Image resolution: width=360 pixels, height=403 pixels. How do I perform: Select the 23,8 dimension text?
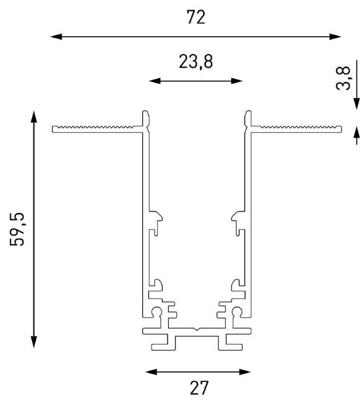point(197,63)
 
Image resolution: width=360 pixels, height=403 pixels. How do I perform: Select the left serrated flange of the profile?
point(96,129)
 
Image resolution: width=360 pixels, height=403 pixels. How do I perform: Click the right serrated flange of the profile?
point(297,129)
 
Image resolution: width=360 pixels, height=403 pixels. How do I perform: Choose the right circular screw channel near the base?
point(236,312)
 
